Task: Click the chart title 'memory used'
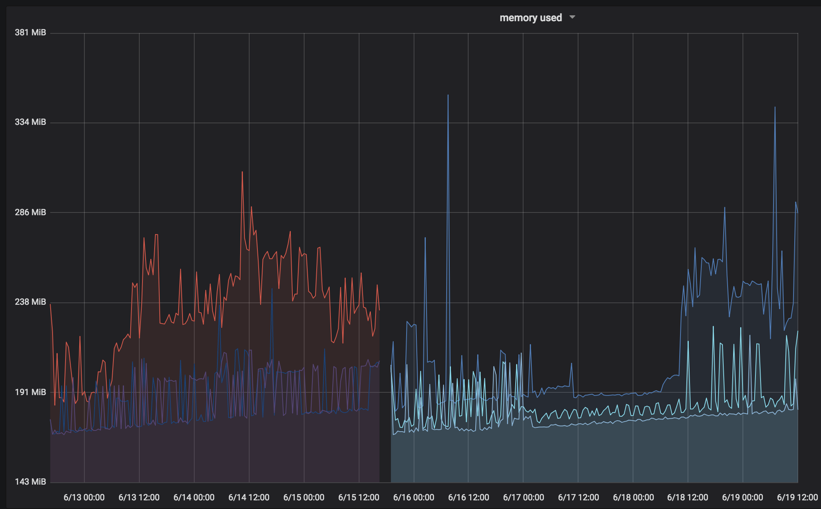tap(531, 18)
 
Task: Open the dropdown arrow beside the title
tap(572, 17)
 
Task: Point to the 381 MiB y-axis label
tap(30, 33)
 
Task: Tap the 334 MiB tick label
tap(30, 122)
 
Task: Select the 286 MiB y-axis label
tap(30, 212)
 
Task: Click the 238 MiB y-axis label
tap(30, 302)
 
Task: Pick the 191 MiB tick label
tap(30, 392)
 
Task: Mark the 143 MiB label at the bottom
tap(30, 482)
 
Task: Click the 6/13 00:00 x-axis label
tap(84, 498)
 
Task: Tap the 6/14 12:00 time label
tap(249, 498)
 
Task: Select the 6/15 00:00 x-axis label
tap(304, 498)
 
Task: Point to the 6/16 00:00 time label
tap(414, 498)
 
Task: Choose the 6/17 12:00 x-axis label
tap(578, 498)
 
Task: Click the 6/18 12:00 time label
tap(688, 498)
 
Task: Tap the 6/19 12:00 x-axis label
tap(797, 498)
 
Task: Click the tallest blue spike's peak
tap(448, 95)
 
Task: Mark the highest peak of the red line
tap(242, 172)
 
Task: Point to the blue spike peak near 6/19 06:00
tap(775, 107)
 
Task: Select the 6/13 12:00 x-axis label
tap(139, 498)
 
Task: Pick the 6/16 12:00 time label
tap(469, 498)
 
